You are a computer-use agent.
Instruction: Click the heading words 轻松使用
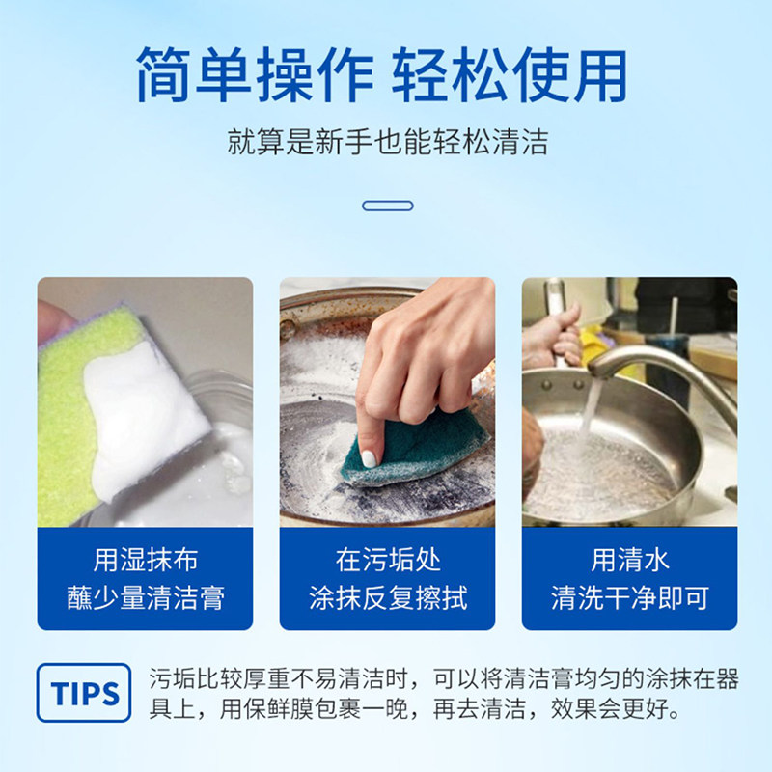(510, 75)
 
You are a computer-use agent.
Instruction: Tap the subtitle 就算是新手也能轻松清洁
(387, 143)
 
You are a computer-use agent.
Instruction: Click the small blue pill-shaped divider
(387, 206)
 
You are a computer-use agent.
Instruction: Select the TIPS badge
(84, 693)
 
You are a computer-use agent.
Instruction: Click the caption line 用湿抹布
(145, 560)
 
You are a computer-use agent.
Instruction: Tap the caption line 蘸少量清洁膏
(145, 597)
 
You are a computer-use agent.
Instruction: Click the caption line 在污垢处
(387, 560)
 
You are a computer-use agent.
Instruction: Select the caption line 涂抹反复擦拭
(387, 597)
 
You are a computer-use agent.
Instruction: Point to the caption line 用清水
(629, 560)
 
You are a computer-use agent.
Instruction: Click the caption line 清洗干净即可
(629, 597)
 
